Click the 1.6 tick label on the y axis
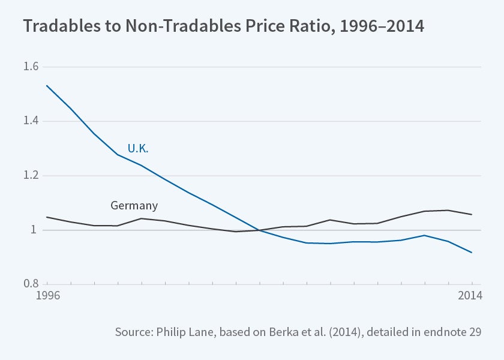(x=31, y=67)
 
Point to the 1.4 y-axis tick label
(x=31, y=121)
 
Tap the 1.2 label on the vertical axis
(x=31, y=176)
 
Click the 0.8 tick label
(x=31, y=284)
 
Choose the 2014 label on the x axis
(x=470, y=295)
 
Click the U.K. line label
(x=137, y=149)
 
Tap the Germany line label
(x=134, y=205)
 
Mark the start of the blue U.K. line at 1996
(x=47, y=86)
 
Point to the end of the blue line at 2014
(x=472, y=253)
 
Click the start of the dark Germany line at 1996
(x=47, y=217)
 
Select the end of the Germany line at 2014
(x=472, y=214)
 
